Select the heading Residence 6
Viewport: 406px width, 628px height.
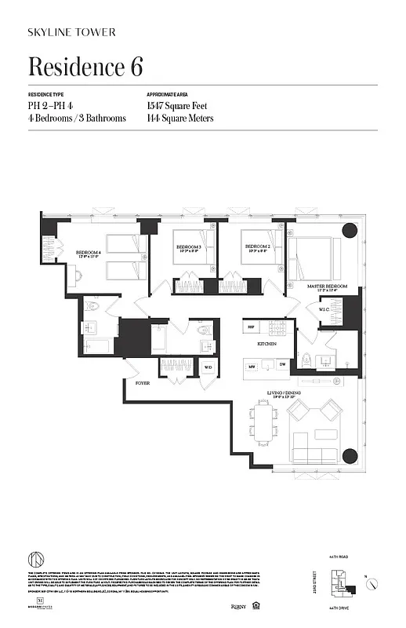coord(85,67)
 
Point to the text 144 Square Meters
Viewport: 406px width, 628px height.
coord(179,119)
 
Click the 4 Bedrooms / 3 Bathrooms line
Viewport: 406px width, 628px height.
coord(77,119)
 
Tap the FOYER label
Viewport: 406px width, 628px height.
coord(142,384)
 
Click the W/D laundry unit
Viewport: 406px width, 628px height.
coord(208,367)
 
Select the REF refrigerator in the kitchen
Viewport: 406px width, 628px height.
coord(252,326)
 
